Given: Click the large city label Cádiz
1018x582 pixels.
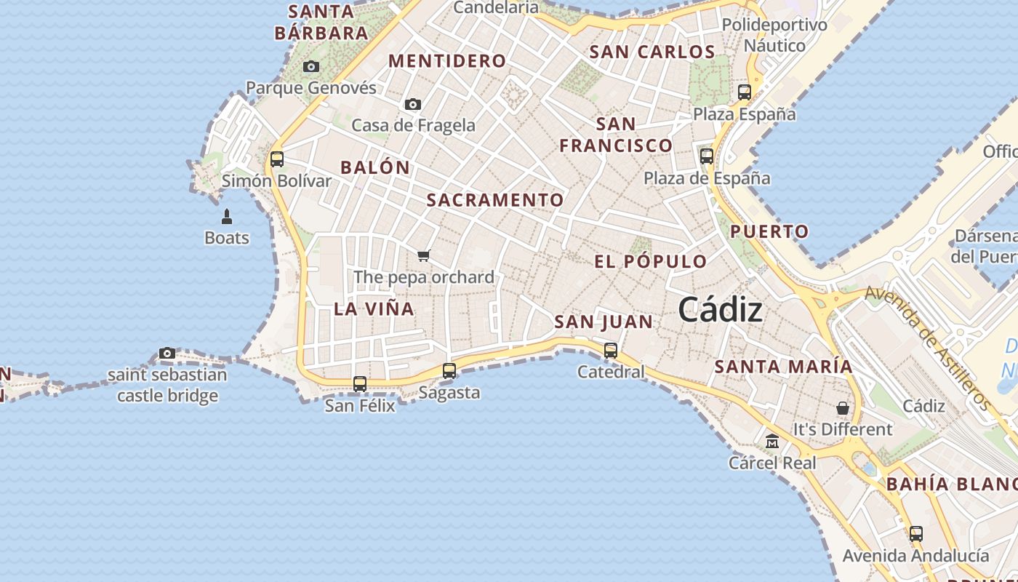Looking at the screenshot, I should (x=721, y=310).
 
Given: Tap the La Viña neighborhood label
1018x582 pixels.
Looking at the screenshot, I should (x=374, y=308).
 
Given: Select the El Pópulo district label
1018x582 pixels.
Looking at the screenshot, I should (x=650, y=262).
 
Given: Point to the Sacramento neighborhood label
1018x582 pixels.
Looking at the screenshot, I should (x=495, y=200).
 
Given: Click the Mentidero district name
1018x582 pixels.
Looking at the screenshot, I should (x=447, y=61).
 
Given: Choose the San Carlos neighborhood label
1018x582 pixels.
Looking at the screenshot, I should (x=652, y=52).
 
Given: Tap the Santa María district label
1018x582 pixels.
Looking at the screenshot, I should (x=783, y=367).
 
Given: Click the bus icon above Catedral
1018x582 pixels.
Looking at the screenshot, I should (x=611, y=351).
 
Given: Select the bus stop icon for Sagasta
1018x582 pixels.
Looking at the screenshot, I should (x=449, y=371).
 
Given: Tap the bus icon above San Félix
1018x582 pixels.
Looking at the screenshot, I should (x=360, y=383).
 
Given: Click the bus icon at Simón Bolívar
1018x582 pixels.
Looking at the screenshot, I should (x=277, y=159).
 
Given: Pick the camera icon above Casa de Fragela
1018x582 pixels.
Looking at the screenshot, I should (x=413, y=105).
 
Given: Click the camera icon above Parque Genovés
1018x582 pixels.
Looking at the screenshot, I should (x=311, y=67).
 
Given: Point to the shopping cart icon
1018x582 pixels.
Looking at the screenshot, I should (x=424, y=255).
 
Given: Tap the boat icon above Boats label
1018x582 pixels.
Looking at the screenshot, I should (x=227, y=217).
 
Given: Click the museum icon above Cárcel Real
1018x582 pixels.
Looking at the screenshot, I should (x=772, y=441).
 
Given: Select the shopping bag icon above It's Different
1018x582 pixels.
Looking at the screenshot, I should (x=843, y=408).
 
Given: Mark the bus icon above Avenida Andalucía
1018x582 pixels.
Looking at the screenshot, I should (x=916, y=534).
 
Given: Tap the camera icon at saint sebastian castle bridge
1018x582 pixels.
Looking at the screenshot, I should (x=167, y=354).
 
